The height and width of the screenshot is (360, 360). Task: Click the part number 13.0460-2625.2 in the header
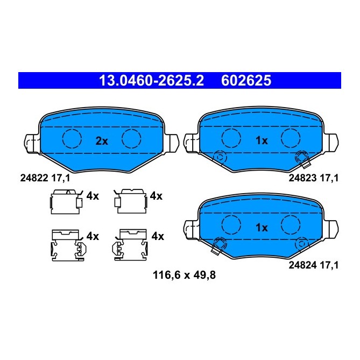(151, 81)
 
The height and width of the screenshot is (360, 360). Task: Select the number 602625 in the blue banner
(246, 81)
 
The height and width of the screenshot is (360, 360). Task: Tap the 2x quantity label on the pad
(102, 141)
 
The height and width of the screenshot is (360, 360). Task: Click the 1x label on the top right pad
(262, 141)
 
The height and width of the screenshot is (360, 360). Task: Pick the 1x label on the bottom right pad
(262, 228)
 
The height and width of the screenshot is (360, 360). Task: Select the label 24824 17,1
(313, 264)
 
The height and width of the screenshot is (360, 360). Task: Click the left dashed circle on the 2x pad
(72, 138)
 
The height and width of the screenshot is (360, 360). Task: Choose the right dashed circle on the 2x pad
(131, 138)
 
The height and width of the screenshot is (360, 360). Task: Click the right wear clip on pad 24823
(302, 158)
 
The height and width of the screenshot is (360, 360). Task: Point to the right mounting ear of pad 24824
(333, 228)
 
